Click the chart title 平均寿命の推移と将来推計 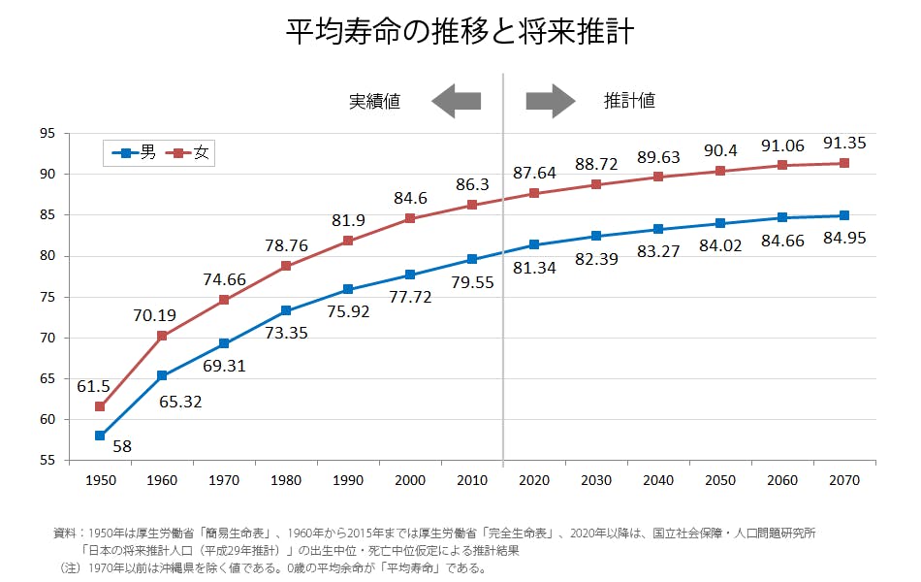tap(460, 32)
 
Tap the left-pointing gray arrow tap(456, 101)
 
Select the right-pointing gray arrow tap(551, 101)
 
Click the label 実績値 tap(375, 101)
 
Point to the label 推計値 tap(630, 101)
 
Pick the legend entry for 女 tap(189, 152)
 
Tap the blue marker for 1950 tap(100, 436)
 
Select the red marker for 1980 tap(286, 266)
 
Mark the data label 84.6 tap(409, 199)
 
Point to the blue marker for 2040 tap(658, 230)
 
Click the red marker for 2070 tap(844, 163)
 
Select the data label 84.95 tap(844, 238)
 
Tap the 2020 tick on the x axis tap(534, 480)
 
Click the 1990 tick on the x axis tap(348, 480)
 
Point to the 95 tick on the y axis tap(48, 133)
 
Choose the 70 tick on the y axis tap(48, 338)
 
